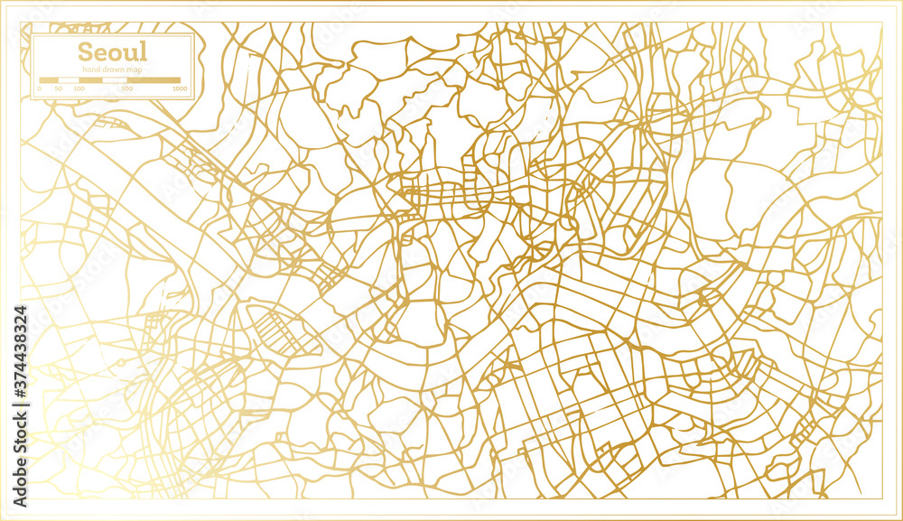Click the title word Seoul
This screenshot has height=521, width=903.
pyautogui.click(x=112, y=51)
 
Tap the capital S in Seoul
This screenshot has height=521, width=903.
pyautogui.click(x=85, y=51)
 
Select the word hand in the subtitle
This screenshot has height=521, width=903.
pyautogui.click(x=90, y=70)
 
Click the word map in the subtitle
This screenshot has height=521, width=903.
pyautogui.click(x=132, y=70)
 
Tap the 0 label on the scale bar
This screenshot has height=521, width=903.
pyautogui.click(x=40, y=88)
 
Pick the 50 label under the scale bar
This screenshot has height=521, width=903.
pyautogui.click(x=59, y=88)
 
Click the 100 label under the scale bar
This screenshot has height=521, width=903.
pyautogui.click(x=79, y=88)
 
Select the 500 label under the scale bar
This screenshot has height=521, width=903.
pyautogui.click(x=126, y=88)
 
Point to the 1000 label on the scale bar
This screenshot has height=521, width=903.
pyautogui.click(x=180, y=88)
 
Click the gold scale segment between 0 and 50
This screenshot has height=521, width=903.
pyautogui.click(x=49, y=80)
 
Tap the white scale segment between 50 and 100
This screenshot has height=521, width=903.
pyautogui.click(x=69, y=80)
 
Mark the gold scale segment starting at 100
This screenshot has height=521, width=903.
pyautogui.click(x=90, y=80)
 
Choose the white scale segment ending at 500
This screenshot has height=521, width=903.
pyautogui.click(x=115, y=80)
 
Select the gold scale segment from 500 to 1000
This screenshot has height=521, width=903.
pyautogui.click(x=154, y=80)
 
